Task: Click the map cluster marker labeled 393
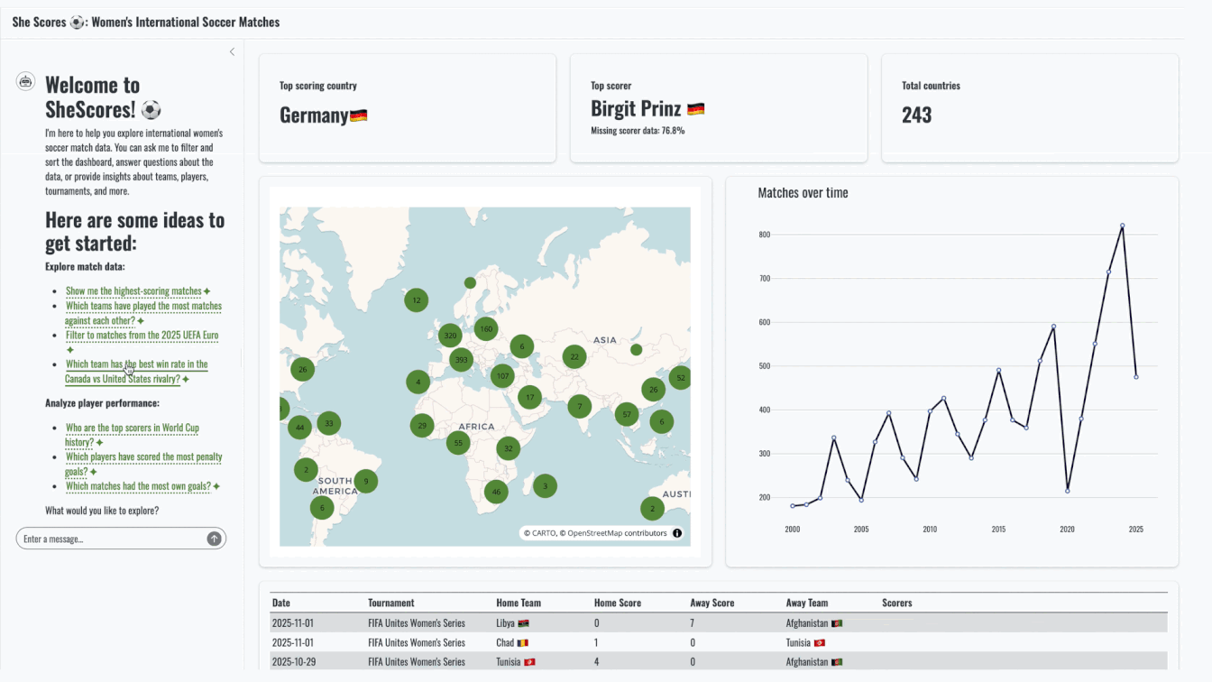(x=461, y=360)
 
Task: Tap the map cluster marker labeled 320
(x=449, y=336)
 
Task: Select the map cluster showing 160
(x=486, y=328)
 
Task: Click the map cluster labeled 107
(x=502, y=376)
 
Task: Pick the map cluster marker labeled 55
(x=458, y=442)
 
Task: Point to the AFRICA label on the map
(x=476, y=427)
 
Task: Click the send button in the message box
(x=214, y=539)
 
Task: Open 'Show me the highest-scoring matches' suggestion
(x=133, y=291)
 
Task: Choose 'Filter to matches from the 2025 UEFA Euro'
(x=142, y=335)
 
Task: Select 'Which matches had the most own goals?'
(x=138, y=486)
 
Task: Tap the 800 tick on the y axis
(x=764, y=235)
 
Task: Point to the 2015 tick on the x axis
(x=998, y=530)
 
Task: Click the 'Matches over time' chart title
(x=803, y=193)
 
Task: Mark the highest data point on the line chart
(x=1122, y=226)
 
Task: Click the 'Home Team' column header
(x=519, y=603)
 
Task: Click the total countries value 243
(x=916, y=115)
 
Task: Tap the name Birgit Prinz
(x=637, y=109)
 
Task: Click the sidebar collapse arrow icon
(x=232, y=52)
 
